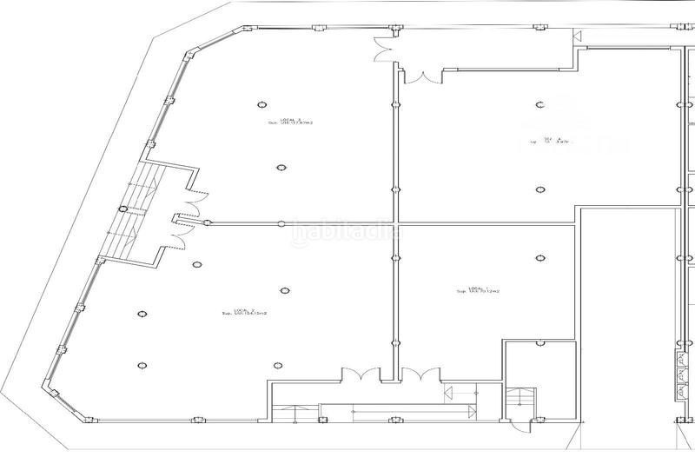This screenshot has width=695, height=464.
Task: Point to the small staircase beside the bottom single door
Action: [520, 399]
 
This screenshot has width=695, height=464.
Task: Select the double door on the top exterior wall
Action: [383, 50]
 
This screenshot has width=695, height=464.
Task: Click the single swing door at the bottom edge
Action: [520, 423]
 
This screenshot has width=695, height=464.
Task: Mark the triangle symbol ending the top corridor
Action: [577, 36]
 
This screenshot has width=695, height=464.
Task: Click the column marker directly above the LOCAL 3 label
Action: [260, 105]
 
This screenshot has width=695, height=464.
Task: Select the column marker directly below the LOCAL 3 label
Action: [280, 168]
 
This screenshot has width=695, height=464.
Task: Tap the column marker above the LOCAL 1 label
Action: [539, 257]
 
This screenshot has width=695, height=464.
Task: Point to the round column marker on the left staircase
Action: [122, 209]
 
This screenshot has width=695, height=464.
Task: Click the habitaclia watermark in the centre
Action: [347, 232]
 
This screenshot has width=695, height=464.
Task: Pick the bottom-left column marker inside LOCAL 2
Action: [142, 365]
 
